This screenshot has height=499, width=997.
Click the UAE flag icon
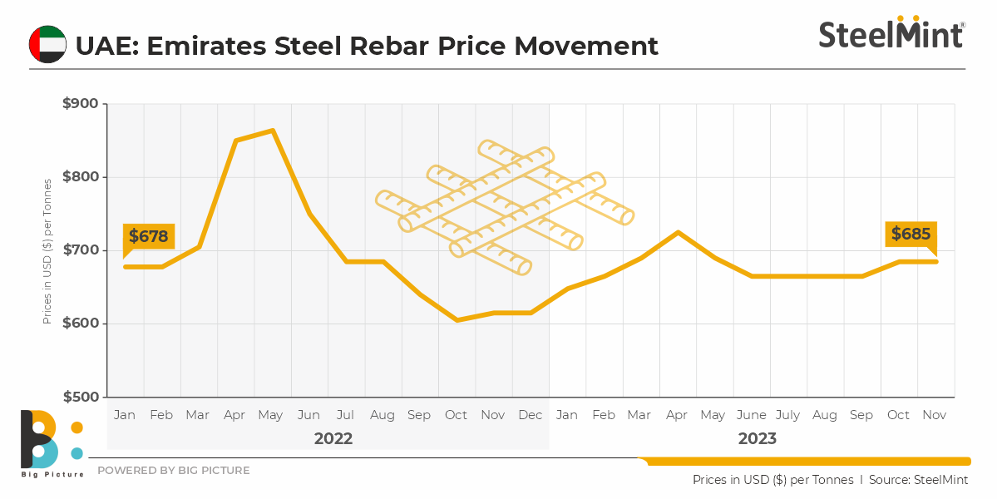47,44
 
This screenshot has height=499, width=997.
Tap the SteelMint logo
891,33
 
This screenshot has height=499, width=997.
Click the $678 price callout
149,237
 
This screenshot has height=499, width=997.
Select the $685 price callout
911,235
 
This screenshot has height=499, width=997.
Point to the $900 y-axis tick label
80,104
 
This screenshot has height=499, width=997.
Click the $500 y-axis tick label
80,397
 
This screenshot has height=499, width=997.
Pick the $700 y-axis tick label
80,250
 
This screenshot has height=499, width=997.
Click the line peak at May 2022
273,131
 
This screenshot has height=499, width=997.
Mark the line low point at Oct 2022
457,319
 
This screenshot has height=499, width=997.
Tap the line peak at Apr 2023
678,232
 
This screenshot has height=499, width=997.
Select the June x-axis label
751,415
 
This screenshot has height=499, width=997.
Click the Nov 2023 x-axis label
935,415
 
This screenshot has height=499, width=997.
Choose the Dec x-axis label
530,415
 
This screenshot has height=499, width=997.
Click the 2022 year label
333,438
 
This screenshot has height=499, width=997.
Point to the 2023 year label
757,438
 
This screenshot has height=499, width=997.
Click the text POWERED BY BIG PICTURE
173,471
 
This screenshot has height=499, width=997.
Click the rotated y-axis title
47,250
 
